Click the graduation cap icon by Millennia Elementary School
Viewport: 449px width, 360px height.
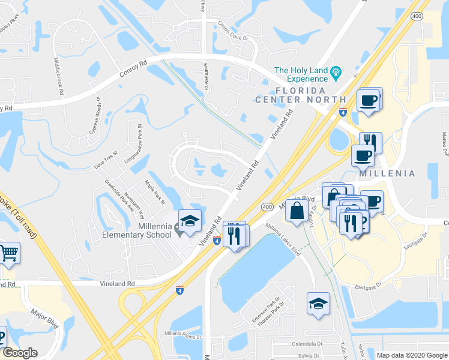190,222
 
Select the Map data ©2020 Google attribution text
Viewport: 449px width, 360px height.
412,355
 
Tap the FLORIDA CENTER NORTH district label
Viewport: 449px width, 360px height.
301,100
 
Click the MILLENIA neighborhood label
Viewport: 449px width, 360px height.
387,173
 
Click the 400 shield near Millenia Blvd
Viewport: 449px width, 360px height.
267,206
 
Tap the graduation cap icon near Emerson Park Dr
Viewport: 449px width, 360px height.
318,303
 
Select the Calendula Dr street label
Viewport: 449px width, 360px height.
307,344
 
